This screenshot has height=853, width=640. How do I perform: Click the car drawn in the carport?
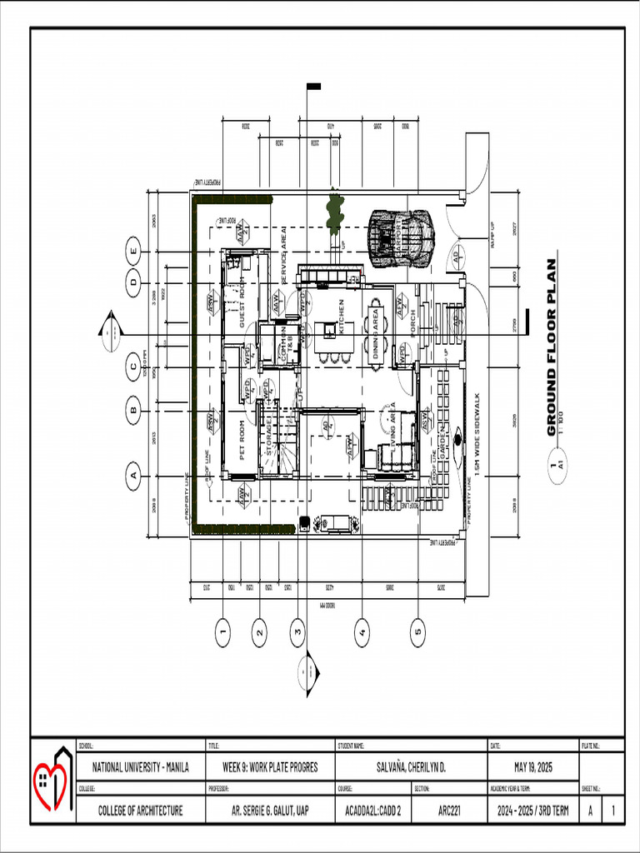(x=401, y=238)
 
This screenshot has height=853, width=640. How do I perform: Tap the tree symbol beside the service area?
(x=334, y=210)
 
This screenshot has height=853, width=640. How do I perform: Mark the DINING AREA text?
(x=377, y=334)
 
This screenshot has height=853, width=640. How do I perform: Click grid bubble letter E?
(x=132, y=247)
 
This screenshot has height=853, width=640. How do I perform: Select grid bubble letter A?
(x=132, y=477)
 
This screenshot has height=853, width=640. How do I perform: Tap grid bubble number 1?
(x=222, y=633)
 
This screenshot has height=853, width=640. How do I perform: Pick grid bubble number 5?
(x=417, y=633)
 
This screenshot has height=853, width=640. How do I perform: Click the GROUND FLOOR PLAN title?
(x=552, y=348)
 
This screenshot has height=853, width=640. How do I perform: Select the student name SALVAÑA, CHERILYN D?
(x=410, y=767)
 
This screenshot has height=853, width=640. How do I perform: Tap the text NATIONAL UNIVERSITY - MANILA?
(x=141, y=767)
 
